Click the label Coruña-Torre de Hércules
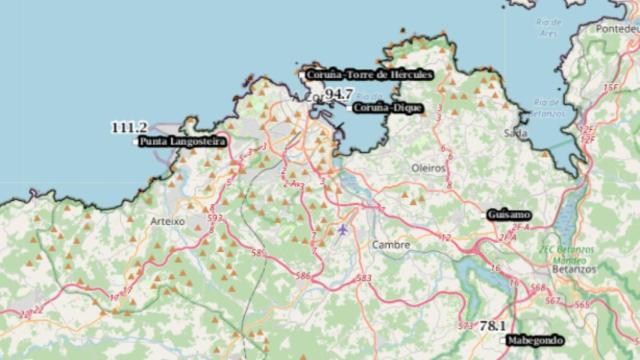click(x=369, y=74)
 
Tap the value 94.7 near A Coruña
click(x=338, y=94)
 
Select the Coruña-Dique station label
click(x=389, y=106)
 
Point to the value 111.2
click(x=129, y=127)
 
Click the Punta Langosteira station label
click(x=183, y=142)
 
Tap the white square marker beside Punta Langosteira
click(x=136, y=142)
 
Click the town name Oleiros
click(x=428, y=168)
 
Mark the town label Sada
click(x=516, y=132)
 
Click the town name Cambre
click(x=390, y=244)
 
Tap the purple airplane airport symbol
click(x=344, y=231)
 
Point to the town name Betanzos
click(x=574, y=269)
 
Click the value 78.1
click(x=491, y=326)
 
